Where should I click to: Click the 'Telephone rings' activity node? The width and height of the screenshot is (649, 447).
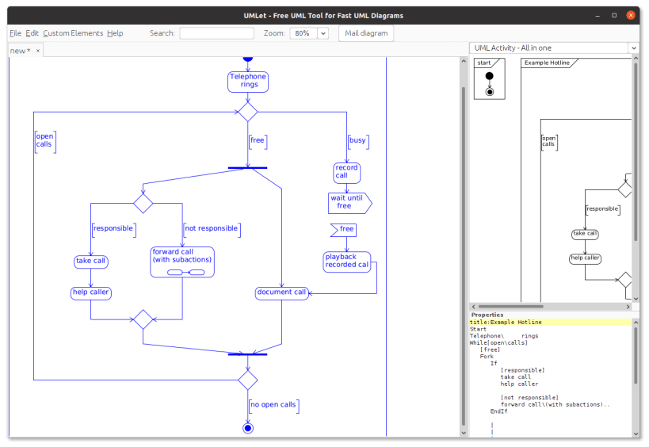(x=248, y=81)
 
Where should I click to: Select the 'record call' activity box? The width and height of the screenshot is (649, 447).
(x=347, y=172)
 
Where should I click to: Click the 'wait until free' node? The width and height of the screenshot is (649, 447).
(x=349, y=202)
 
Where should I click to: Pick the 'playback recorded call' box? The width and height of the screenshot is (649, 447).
(x=347, y=262)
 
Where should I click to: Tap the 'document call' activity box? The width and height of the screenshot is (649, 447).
(x=281, y=292)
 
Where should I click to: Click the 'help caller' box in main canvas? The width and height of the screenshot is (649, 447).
(x=91, y=292)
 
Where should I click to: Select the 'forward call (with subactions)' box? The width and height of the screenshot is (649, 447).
(x=182, y=262)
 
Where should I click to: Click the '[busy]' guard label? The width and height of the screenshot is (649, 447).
(x=357, y=141)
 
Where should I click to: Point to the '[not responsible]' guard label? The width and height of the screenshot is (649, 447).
(x=211, y=229)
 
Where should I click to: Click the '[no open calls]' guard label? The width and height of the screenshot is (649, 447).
(x=273, y=405)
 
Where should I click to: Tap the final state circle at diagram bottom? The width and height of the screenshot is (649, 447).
(x=248, y=428)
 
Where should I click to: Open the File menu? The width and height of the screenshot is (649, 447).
(x=15, y=33)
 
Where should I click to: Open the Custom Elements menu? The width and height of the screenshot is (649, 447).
(x=73, y=33)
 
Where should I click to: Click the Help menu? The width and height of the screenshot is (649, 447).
(x=115, y=33)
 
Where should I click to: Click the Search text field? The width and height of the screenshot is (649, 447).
(x=216, y=33)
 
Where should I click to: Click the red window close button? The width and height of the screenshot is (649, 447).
(x=630, y=15)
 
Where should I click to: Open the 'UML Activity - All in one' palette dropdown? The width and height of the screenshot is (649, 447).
(x=554, y=48)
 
